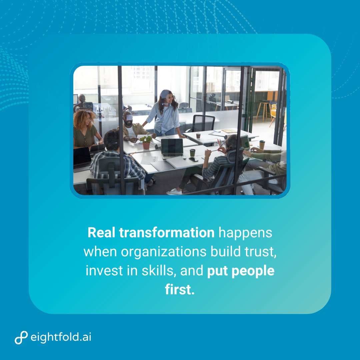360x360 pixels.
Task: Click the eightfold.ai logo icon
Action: point(21,338)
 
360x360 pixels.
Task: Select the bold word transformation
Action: point(167,233)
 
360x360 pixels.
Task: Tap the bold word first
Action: point(180,290)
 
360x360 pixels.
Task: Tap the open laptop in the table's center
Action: point(172,148)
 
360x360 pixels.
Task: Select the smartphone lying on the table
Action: point(193,159)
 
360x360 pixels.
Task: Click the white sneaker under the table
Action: point(174,192)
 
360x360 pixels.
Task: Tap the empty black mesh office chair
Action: point(203,123)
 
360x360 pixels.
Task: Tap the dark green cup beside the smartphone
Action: point(192,153)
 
